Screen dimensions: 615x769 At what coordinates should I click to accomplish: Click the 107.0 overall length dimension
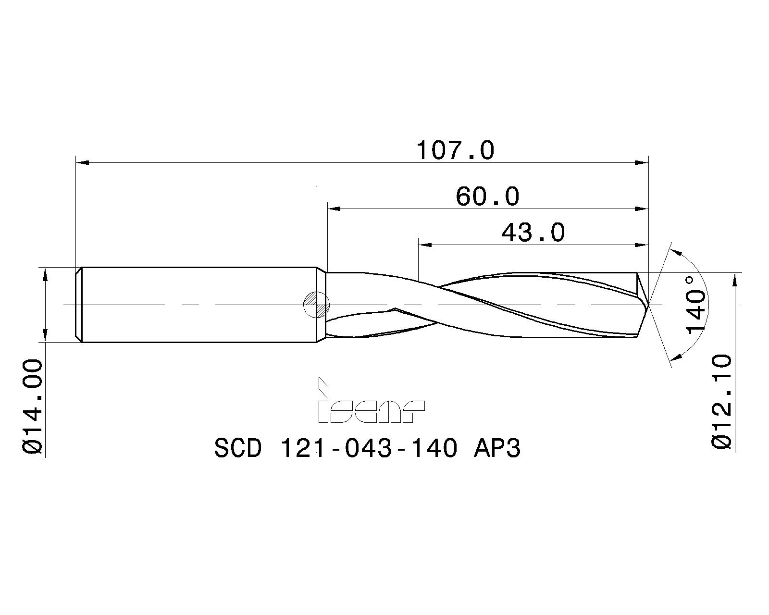click(x=455, y=150)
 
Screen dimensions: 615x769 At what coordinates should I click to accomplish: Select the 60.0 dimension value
click(x=487, y=197)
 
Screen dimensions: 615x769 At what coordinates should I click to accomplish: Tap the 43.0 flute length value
click(x=533, y=233)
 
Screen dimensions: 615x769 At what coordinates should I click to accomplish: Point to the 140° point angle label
click(x=696, y=305)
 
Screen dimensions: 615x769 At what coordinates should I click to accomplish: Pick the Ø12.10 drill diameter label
click(x=722, y=401)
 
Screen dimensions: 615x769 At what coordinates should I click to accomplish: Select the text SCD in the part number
click(x=238, y=449)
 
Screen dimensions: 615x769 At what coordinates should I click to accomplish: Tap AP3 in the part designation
click(x=497, y=449)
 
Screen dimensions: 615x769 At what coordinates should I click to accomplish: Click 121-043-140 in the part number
click(x=368, y=449)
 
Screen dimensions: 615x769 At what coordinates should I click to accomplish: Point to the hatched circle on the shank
click(x=316, y=305)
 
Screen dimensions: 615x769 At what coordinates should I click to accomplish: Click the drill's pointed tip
click(x=648, y=305)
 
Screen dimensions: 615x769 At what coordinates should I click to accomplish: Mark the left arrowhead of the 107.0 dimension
click(x=83, y=163)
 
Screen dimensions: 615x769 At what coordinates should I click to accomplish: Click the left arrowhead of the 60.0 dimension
click(x=334, y=209)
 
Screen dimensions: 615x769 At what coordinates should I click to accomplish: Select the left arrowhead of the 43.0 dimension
click(x=425, y=245)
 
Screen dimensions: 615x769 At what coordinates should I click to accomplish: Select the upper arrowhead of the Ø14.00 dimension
click(x=45, y=275)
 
